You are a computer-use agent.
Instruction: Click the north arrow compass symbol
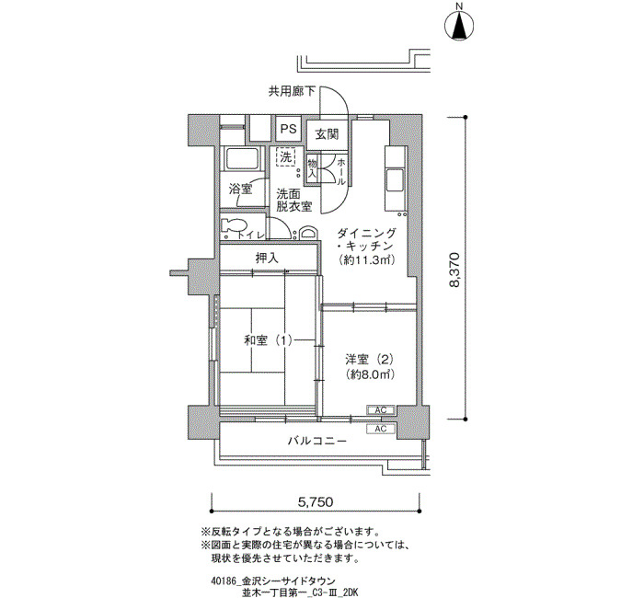460,27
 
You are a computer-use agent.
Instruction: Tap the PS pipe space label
288,129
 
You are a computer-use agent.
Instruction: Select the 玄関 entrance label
327,134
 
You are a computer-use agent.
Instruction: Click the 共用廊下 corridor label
292,91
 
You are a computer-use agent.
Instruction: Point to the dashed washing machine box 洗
286,156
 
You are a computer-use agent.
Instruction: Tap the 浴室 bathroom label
241,190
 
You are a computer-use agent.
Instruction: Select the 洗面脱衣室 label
293,200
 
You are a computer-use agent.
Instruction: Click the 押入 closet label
267,259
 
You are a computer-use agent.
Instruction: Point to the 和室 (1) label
268,340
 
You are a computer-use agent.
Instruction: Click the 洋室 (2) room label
369,360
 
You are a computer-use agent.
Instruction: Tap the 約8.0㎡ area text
370,374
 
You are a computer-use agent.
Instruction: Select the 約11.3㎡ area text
367,260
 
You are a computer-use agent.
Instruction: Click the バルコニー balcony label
317,441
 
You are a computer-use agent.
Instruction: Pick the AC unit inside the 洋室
381,410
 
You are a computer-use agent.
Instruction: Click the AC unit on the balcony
381,429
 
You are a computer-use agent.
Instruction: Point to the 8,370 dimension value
454,270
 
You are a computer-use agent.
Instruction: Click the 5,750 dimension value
316,501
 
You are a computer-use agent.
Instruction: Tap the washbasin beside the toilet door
308,233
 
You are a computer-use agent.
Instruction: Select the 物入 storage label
312,167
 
